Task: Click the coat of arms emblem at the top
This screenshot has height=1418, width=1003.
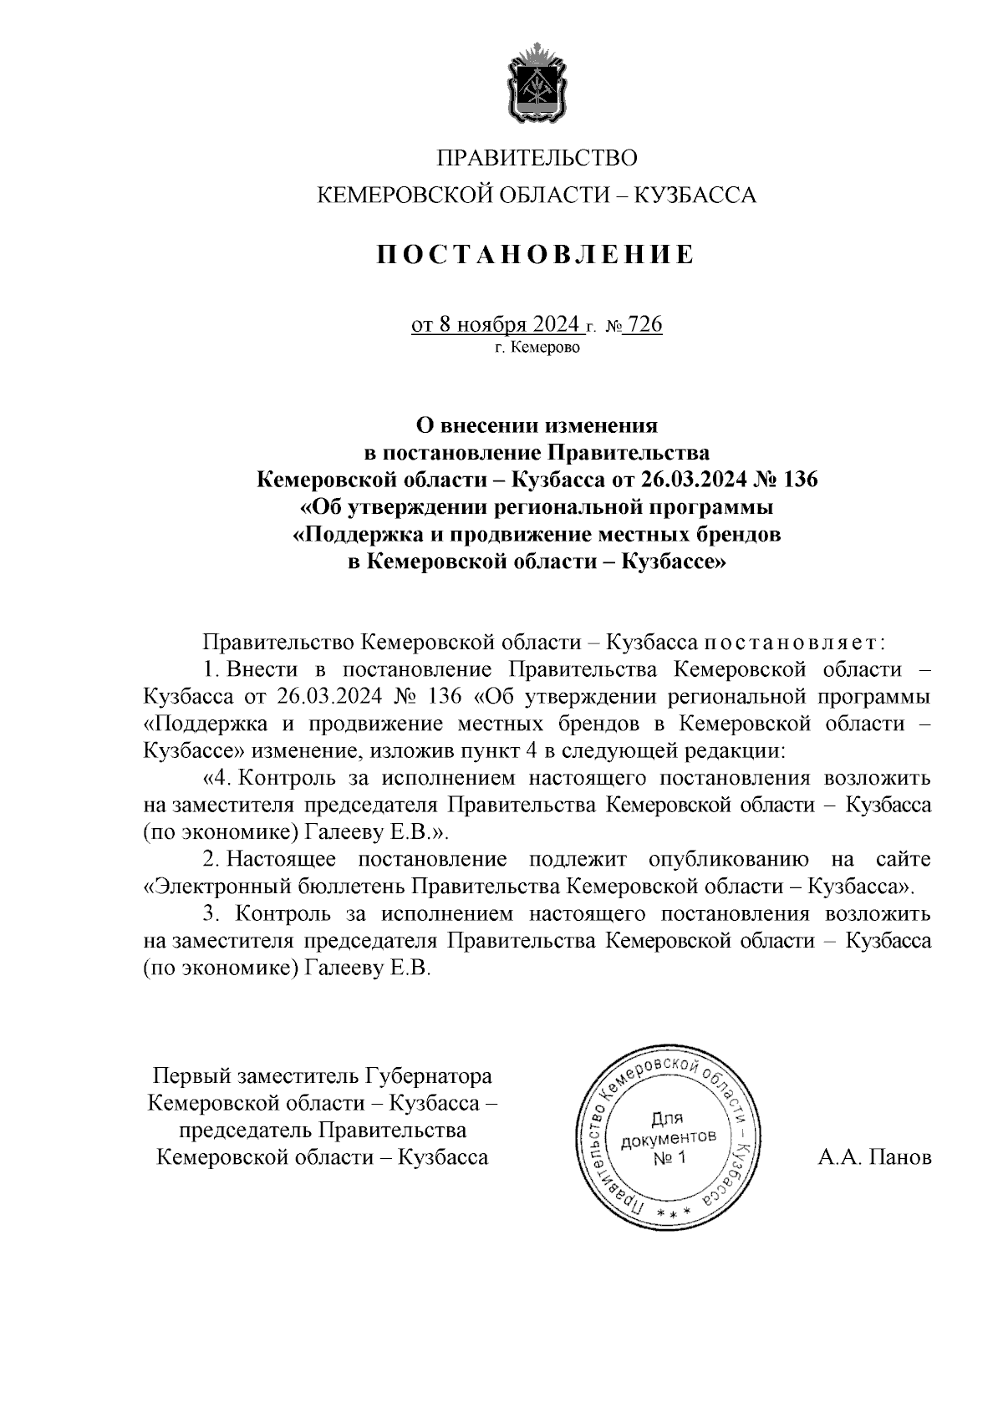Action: [537, 85]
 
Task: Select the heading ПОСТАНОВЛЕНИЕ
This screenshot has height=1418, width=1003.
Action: [536, 254]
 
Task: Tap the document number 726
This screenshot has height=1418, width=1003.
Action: [644, 324]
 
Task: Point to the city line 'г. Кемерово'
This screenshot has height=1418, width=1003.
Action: [536, 348]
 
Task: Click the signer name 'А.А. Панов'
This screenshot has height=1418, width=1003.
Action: [874, 1157]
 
